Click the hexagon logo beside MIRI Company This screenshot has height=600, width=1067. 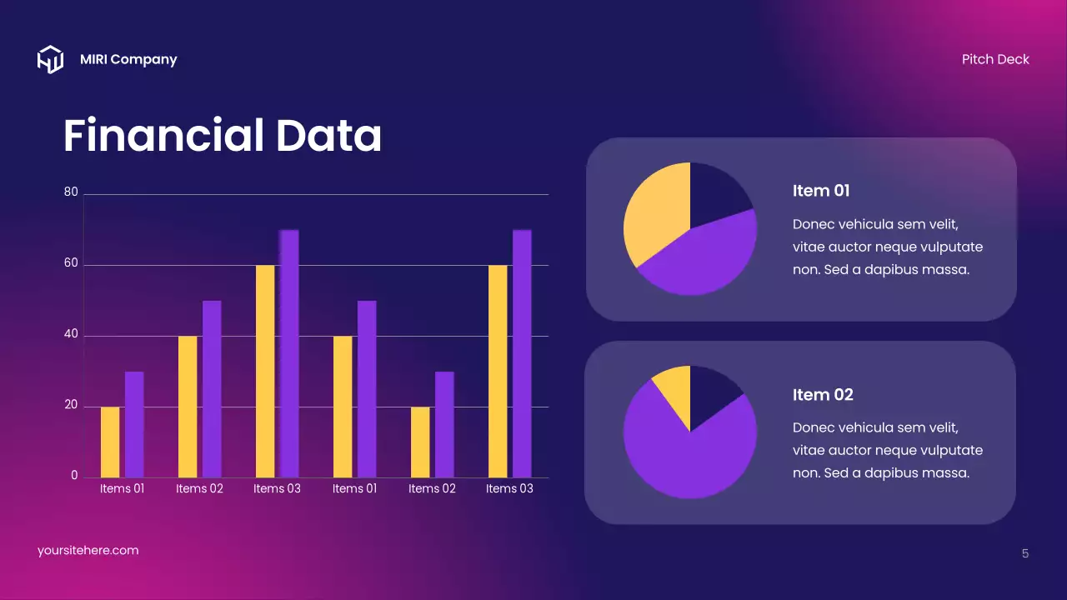point(50,59)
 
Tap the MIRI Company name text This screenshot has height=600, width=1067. point(128,59)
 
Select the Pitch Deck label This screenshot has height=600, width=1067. point(995,59)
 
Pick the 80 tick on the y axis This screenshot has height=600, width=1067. point(71,192)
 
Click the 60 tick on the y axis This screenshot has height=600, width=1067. point(71,264)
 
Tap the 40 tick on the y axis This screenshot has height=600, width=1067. point(71,335)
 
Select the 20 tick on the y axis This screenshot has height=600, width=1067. point(71,406)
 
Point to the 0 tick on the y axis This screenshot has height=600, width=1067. point(74,476)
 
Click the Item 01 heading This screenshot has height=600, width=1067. point(821,191)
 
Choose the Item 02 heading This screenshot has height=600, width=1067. point(823,394)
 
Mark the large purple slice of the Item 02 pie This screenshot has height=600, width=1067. point(684,454)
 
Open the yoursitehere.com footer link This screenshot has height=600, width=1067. point(88,551)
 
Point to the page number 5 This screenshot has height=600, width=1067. point(1025,553)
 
